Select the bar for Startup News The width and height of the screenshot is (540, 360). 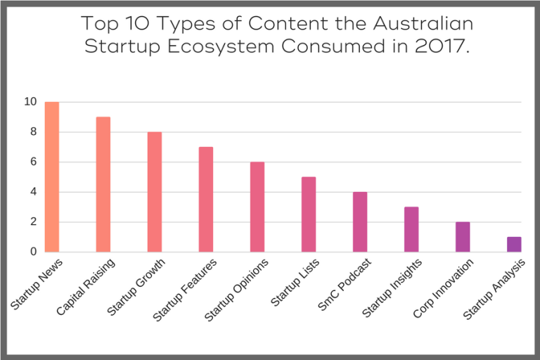(x=52, y=176)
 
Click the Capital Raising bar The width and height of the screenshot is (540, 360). (x=103, y=184)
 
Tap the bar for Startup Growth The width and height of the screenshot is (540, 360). (x=155, y=192)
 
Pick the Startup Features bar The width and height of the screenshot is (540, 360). (x=206, y=199)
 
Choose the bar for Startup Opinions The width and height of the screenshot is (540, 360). (x=257, y=207)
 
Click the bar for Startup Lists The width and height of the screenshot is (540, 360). (x=309, y=214)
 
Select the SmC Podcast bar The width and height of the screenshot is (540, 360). (x=360, y=221)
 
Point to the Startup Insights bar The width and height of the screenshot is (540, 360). (x=411, y=229)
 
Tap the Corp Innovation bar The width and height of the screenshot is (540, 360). (x=463, y=237)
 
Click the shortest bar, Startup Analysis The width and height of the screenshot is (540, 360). (x=514, y=244)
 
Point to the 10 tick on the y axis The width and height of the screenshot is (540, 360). (x=30, y=102)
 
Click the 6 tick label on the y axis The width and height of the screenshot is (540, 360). (x=33, y=162)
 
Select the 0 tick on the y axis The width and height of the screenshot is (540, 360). (x=33, y=251)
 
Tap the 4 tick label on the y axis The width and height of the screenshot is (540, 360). (x=33, y=192)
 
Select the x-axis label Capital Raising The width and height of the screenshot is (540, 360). (x=86, y=286)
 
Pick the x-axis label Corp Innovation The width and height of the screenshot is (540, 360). (x=444, y=288)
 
